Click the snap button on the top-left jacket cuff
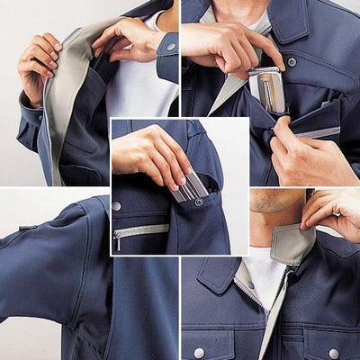(171, 45)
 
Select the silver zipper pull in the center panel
(117, 239)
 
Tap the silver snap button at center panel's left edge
(116, 206)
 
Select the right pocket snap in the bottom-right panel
(333, 353)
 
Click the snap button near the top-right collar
(291, 62)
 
